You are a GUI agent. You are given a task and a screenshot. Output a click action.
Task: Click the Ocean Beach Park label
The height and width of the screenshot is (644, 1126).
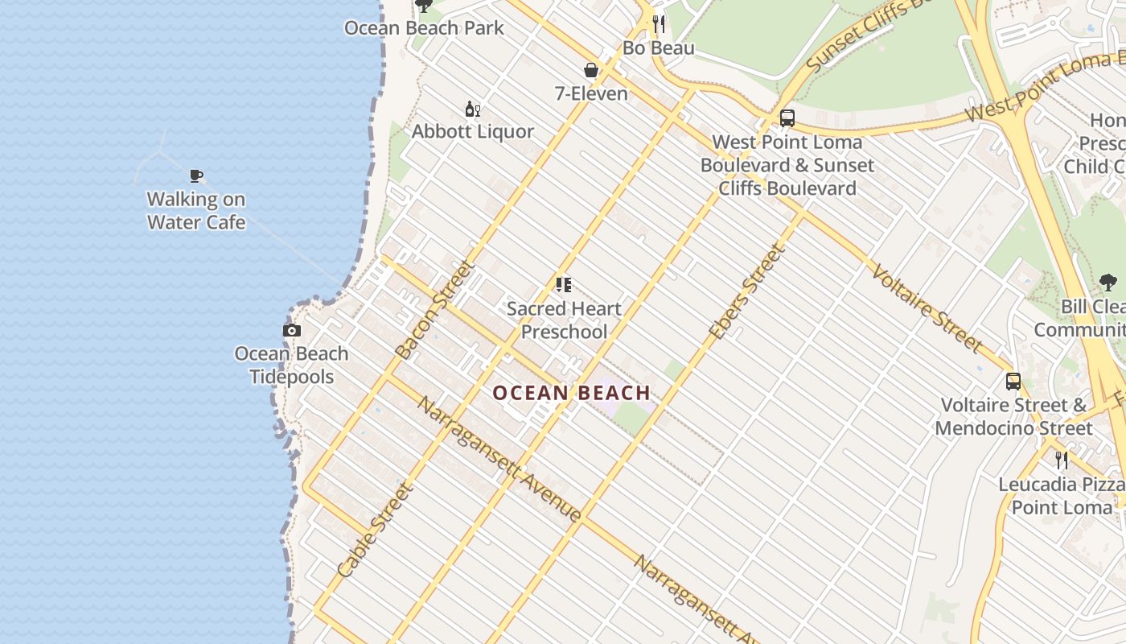tap(424, 28)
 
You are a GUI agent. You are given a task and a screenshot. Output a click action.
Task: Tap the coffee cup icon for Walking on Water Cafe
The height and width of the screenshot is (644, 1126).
tap(196, 175)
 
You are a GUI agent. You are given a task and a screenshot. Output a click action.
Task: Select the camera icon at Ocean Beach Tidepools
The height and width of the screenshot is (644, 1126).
tap(292, 330)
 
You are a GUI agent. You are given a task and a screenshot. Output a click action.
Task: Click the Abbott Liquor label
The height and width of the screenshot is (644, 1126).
tap(473, 131)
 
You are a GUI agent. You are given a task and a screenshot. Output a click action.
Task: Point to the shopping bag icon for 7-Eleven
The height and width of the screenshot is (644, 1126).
tap(591, 71)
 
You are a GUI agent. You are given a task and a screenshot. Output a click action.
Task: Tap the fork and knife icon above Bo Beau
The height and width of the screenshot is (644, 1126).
tap(659, 24)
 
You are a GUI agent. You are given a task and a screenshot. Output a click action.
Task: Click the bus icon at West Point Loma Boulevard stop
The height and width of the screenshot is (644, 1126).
tap(787, 118)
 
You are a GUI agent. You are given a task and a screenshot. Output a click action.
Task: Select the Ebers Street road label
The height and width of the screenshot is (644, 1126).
tap(746, 291)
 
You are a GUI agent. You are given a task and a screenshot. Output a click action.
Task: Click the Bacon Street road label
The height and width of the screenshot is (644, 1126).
tap(435, 310)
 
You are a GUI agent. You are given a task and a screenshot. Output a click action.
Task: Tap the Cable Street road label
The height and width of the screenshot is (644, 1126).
tap(375, 530)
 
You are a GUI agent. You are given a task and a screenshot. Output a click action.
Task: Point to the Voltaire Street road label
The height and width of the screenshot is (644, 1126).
tap(926, 308)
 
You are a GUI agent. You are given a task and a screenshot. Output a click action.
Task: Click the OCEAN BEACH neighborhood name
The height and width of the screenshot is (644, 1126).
tap(571, 393)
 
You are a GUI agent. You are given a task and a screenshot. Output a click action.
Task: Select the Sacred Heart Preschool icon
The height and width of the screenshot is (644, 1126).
tap(564, 285)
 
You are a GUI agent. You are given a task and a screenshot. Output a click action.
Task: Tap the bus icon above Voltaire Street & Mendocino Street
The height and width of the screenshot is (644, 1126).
tap(1013, 382)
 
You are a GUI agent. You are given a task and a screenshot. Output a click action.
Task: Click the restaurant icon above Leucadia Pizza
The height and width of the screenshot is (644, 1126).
tap(1062, 460)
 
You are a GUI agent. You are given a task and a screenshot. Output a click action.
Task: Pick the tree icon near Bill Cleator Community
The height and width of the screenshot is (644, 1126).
tap(1108, 283)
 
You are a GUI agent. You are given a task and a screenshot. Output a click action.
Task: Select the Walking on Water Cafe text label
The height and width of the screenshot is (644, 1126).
tap(196, 211)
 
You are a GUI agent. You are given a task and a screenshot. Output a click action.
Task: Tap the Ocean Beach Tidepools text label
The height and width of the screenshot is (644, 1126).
tap(291, 365)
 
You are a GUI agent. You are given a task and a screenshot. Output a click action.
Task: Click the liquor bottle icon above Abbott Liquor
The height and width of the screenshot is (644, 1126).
tap(473, 109)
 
